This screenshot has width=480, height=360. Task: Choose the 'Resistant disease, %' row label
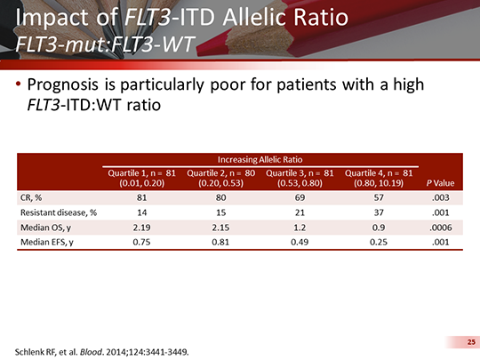pyautogui.click(x=58, y=213)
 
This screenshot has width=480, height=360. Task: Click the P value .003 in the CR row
pyautogui.click(x=443, y=197)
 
